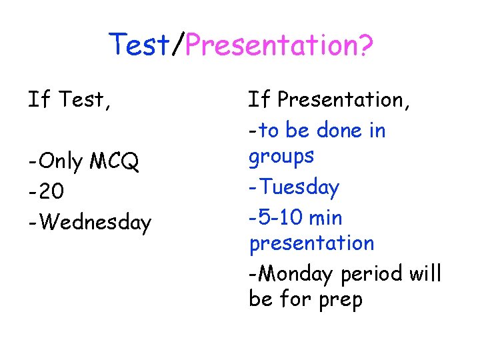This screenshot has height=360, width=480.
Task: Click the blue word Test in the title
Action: [x=140, y=45]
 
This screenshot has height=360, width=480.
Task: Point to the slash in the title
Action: [x=177, y=45]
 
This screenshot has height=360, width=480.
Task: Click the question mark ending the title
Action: [x=365, y=45]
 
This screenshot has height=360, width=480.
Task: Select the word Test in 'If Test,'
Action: [x=81, y=100]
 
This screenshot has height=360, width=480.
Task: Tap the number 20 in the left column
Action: [x=51, y=192]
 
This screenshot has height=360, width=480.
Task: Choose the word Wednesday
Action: [x=94, y=222]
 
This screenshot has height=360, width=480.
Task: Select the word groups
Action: [x=281, y=157]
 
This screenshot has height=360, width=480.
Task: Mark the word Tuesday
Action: [x=299, y=187]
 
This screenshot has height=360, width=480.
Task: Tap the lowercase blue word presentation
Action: [x=311, y=243]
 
